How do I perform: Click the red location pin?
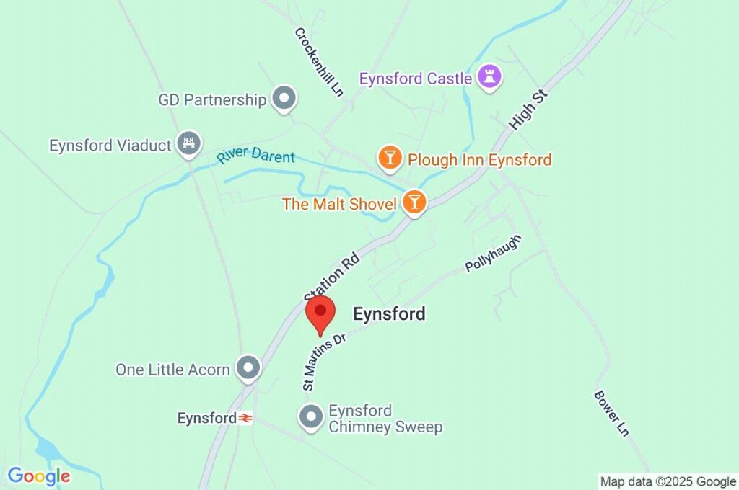tap(320, 313)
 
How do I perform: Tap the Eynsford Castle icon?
tap(490, 78)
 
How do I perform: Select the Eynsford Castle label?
tap(416, 79)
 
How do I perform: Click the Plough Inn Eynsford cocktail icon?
tap(390, 159)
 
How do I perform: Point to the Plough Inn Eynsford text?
tap(479, 159)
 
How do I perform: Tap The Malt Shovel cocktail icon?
tap(414, 202)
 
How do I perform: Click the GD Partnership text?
tap(212, 100)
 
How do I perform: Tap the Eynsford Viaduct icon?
tap(189, 143)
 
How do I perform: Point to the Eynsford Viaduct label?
tap(110, 145)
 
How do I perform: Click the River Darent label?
tap(256, 156)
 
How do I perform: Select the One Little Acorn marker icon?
tap(249, 368)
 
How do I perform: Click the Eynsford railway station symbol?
tap(246, 418)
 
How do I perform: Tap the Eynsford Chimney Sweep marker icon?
tap(312, 416)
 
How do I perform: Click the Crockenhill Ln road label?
tap(318, 62)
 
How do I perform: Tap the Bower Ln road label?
tap(611, 413)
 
